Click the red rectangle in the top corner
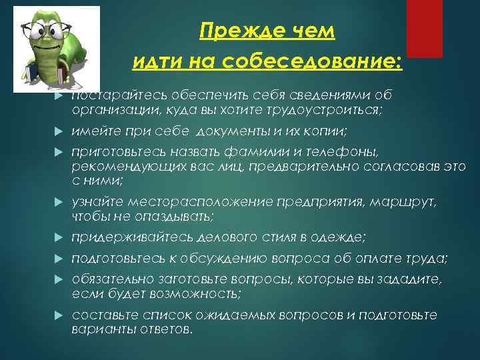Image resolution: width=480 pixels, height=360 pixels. click(424, 28)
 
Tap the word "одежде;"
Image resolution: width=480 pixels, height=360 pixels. click(339, 237)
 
